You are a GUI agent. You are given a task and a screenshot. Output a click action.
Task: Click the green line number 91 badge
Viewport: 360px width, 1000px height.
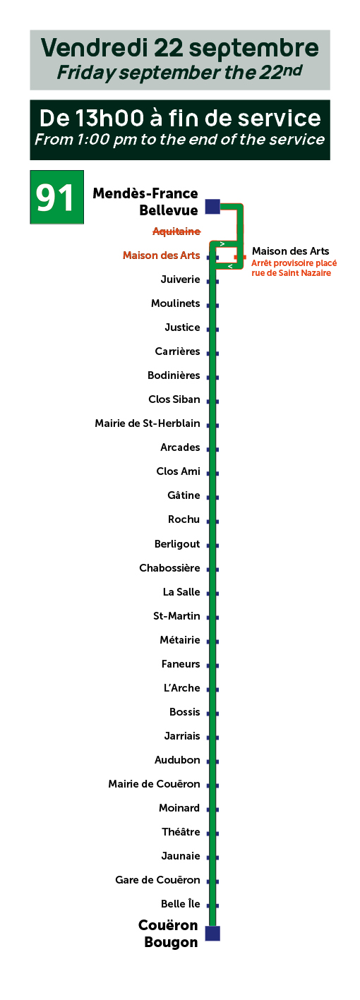[x=56, y=197]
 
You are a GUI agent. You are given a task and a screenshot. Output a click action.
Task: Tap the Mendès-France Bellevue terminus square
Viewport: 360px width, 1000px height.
[x=212, y=207]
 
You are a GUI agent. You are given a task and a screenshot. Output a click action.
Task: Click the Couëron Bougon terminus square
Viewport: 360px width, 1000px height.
[x=212, y=934]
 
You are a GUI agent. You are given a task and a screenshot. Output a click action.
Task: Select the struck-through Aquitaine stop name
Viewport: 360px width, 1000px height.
[x=176, y=231]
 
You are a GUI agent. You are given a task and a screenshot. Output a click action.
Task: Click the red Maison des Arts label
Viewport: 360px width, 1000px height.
[x=161, y=255]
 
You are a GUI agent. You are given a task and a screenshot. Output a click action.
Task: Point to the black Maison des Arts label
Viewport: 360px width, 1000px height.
[x=290, y=251]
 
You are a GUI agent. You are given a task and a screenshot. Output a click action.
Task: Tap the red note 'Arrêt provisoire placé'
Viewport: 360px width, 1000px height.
[x=294, y=263]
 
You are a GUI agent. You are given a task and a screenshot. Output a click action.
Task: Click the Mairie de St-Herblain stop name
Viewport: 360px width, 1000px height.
[x=148, y=423]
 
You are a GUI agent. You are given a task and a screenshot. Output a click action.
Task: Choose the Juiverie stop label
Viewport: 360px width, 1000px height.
[x=181, y=279]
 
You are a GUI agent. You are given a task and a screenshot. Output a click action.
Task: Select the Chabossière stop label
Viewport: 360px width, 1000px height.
[x=169, y=568]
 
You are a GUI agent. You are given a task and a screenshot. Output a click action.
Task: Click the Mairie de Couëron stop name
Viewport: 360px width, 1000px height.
[x=154, y=784]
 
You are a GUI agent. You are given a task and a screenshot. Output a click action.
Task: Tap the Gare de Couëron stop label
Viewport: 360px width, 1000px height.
[x=157, y=879]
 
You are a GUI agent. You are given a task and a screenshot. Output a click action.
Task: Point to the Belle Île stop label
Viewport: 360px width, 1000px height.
[x=181, y=903]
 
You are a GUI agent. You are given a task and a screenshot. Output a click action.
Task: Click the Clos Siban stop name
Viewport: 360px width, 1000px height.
[x=174, y=399]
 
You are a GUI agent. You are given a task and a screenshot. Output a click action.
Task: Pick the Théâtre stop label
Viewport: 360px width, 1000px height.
[x=181, y=832]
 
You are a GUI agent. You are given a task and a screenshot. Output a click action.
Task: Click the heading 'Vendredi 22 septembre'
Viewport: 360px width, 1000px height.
[x=180, y=48]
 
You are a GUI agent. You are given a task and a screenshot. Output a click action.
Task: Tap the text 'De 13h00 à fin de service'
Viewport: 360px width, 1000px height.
[x=180, y=119]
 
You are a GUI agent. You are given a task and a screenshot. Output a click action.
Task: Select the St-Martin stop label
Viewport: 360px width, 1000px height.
[x=176, y=616]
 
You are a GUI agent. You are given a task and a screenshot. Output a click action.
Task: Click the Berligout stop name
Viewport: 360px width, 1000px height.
[x=177, y=544]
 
